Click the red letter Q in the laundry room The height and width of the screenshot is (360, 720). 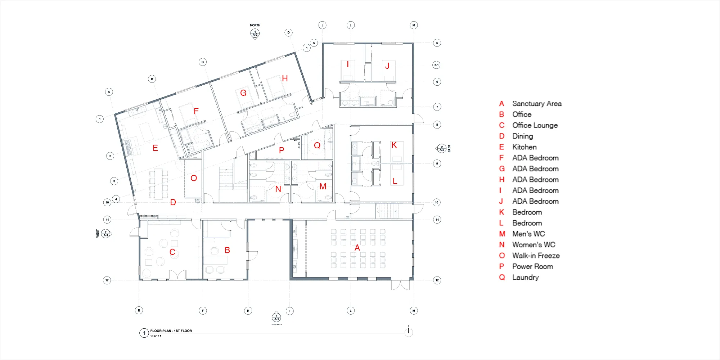[317, 145]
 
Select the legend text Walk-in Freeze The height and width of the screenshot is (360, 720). [536, 256]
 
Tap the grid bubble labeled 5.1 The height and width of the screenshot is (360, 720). [436, 65]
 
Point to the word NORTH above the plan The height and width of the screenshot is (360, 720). [255, 25]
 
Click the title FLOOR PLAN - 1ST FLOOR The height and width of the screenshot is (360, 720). [171, 331]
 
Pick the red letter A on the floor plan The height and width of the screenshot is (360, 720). [357, 248]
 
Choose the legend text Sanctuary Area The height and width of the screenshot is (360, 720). [537, 104]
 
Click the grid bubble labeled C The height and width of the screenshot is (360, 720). [203, 62]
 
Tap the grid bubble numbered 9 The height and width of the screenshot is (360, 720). [437, 163]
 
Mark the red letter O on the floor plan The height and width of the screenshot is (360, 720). [194, 178]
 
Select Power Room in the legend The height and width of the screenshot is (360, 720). [532, 266]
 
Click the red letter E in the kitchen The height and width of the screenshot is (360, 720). [155, 148]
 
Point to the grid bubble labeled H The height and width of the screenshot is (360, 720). [248, 311]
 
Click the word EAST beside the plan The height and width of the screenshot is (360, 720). [449, 149]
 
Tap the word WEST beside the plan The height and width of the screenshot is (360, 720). [98, 233]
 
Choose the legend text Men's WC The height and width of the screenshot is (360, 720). [528, 234]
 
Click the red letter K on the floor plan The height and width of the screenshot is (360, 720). [394, 145]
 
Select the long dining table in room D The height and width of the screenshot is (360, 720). [158, 184]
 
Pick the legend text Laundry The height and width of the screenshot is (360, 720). [525, 278]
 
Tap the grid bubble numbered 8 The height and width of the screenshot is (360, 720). [437, 125]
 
